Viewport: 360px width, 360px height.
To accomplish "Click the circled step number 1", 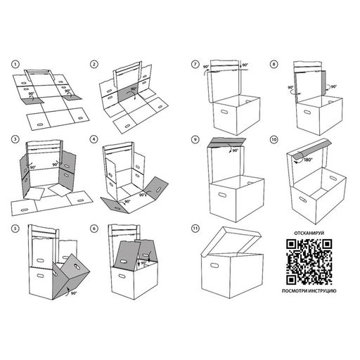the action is click(15, 64).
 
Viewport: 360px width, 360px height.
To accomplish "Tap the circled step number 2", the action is click(94, 64).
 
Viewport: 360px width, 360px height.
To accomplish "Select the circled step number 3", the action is click(15, 139).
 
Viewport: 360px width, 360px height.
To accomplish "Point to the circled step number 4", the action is click(94, 139).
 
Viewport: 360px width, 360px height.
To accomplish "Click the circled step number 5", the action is click(15, 229).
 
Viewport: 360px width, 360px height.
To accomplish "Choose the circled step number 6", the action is click(94, 229).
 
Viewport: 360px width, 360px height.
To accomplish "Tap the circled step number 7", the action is click(195, 64).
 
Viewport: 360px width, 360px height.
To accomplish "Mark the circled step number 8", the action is click(274, 64).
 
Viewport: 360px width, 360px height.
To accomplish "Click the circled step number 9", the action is click(195, 140).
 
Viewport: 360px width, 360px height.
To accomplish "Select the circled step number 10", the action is click(274, 140).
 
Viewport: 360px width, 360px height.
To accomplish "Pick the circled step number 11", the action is click(195, 229).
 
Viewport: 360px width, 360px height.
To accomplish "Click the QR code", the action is click(309, 262).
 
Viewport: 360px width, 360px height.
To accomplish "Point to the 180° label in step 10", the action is click(308, 160).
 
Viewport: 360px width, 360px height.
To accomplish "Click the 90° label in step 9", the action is click(235, 150).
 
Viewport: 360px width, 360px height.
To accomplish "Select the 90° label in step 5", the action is click(74, 293).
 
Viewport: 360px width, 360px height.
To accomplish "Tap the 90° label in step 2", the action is click(134, 89).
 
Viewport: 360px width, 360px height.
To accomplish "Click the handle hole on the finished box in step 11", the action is click(214, 265).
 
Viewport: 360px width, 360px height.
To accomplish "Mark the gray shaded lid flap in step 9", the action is click(226, 143).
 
